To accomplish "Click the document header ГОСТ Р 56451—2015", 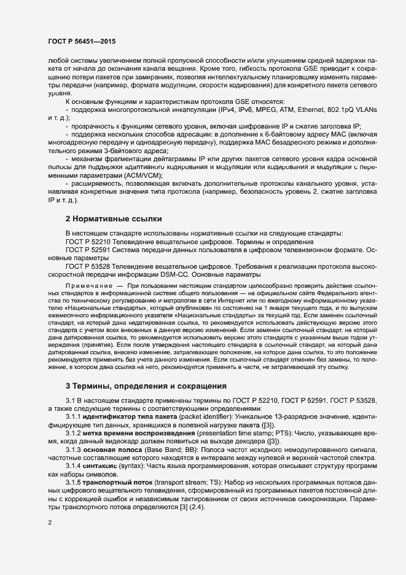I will click(x=82, y=41).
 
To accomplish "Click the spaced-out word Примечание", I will click(x=92, y=288).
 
